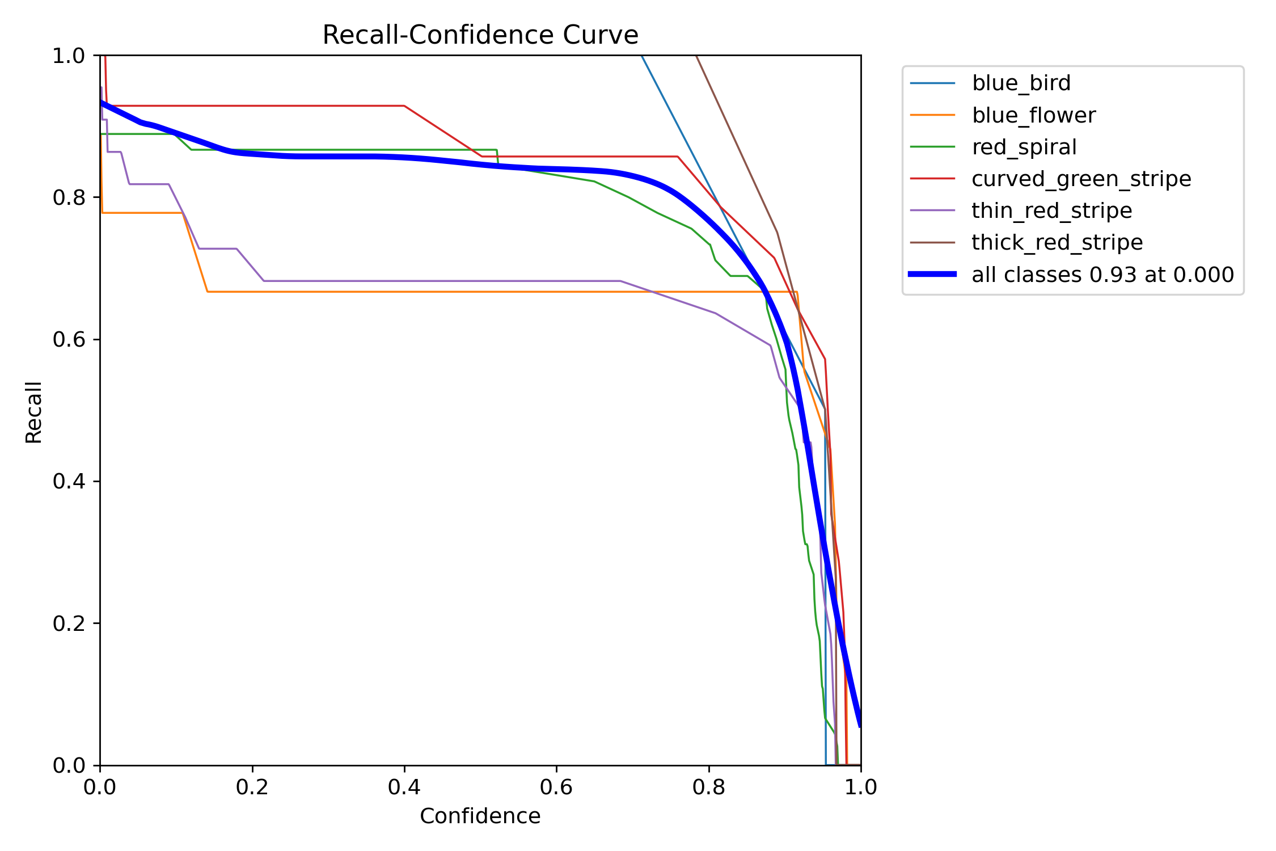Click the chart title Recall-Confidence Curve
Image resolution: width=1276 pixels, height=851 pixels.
(x=480, y=35)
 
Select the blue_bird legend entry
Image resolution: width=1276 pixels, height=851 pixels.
(x=1021, y=83)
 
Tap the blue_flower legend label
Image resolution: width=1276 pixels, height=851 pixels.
(x=1033, y=116)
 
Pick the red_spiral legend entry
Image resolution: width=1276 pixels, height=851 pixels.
(x=1024, y=148)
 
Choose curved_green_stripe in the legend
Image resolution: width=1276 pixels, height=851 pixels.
(x=1081, y=179)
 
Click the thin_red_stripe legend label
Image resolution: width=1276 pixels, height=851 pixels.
(x=1051, y=211)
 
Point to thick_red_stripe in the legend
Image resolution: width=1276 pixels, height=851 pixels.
(x=1057, y=243)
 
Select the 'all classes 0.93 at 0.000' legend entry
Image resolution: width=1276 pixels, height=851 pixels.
(x=1102, y=275)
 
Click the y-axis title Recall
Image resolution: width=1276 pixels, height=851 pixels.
(x=33, y=412)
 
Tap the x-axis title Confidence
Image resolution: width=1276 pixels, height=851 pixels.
(x=480, y=816)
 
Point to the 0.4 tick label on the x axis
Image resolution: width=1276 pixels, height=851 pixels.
(x=404, y=787)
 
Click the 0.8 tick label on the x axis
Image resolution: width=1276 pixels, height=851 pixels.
(x=708, y=787)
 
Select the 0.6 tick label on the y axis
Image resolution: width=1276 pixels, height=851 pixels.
(x=68, y=340)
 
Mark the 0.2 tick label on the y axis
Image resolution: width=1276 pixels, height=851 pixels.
(x=68, y=623)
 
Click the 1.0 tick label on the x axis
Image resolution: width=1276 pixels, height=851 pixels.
(x=860, y=787)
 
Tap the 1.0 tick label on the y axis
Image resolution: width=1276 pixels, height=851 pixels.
(x=68, y=56)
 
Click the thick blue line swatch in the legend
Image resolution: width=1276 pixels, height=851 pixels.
(x=932, y=275)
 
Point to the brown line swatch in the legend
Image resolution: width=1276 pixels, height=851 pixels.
(x=932, y=243)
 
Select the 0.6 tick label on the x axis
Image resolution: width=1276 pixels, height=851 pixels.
(x=556, y=787)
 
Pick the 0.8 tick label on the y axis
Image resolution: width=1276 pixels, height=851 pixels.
(x=68, y=198)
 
